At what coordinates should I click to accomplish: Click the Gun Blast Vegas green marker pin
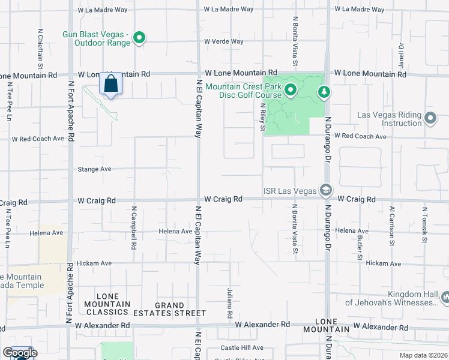pyautogui.click(x=139, y=38)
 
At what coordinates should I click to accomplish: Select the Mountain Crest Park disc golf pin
pyautogui.click(x=291, y=91)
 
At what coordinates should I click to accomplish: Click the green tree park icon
pyautogui.click(x=324, y=91)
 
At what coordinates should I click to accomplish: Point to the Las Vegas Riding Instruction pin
pyautogui.click(x=430, y=118)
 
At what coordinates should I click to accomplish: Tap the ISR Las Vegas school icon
pyautogui.click(x=325, y=190)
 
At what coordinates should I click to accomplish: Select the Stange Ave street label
pyautogui.click(x=95, y=169)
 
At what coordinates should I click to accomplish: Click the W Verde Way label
pyautogui.click(x=223, y=41)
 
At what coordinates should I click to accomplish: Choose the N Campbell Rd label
pyautogui.click(x=134, y=229)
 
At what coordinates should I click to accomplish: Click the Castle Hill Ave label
pyautogui.click(x=241, y=347)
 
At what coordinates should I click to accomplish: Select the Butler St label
pyautogui.click(x=360, y=247)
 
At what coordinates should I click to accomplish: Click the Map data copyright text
pyautogui.click(x=424, y=355)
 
